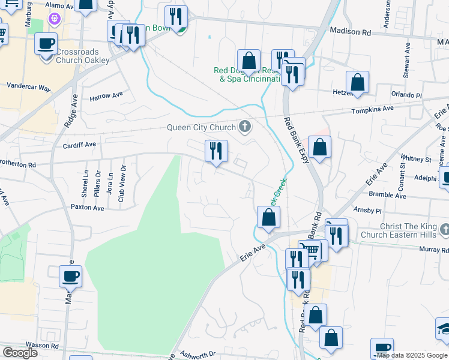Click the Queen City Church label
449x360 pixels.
(199, 127)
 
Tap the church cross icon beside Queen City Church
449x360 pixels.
(244, 127)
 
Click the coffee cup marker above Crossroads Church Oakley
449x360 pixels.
(46, 44)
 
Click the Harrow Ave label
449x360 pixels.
(106, 95)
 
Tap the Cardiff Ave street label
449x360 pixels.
(79, 145)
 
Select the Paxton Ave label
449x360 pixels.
(88, 208)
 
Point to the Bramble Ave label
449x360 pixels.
(388, 196)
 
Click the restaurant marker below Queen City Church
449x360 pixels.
(216, 151)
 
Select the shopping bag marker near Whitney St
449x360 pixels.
(320, 147)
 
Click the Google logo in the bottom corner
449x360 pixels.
(20, 352)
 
